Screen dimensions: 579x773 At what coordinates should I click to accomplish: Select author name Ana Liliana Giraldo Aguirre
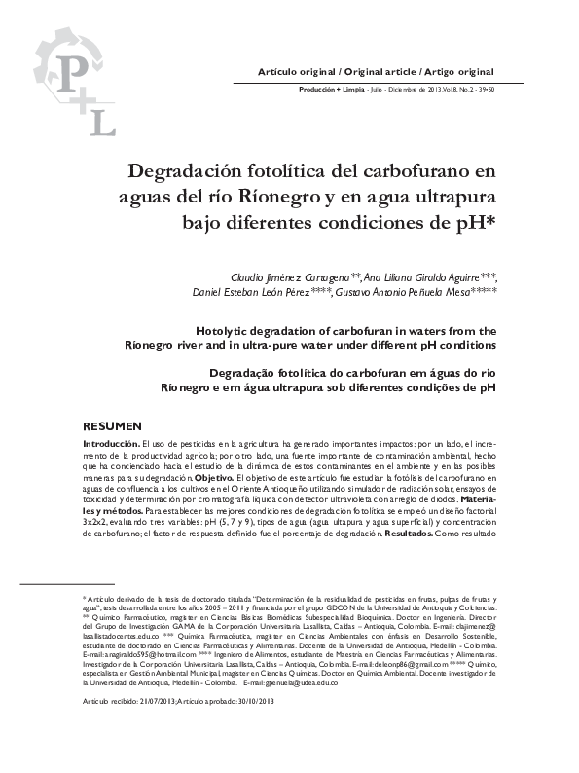pyautogui.click(x=431, y=276)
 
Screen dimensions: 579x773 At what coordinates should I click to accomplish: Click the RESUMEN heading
pyautogui.click(x=112, y=426)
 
